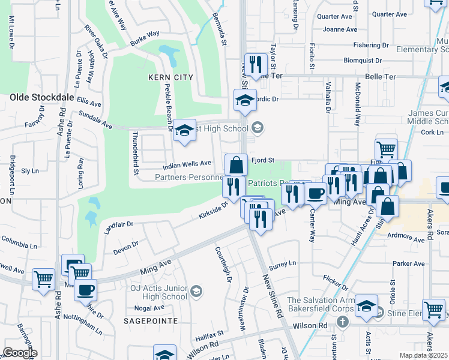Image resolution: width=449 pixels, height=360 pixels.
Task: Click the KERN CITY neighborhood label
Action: coord(171,77)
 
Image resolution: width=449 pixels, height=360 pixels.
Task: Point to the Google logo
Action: coord(20,353)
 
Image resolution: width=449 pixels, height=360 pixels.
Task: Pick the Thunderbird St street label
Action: coord(136,153)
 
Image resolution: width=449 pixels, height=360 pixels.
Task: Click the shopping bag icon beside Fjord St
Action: coord(237,165)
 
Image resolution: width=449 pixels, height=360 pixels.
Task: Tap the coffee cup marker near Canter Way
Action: coord(316,193)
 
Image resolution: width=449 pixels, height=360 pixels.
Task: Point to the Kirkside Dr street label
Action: coord(214,210)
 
